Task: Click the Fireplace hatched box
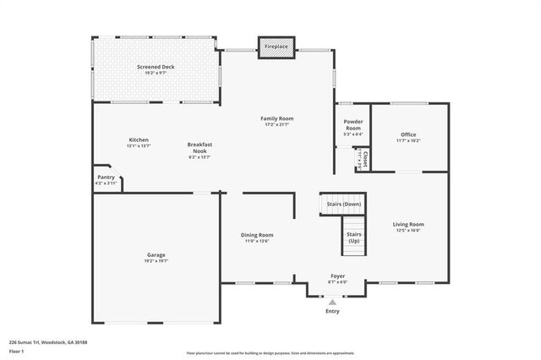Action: coord(276,47)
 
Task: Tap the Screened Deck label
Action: coord(156,66)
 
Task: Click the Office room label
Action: coord(408,134)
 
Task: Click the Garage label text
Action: coord(156,254)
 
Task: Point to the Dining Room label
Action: coord(258,235)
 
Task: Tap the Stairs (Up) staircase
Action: coord(354,236)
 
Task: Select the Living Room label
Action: coord(407,224)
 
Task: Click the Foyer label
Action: coord(337,275)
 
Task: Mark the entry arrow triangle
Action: coord(333,301)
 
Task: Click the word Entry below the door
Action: coord(333,311)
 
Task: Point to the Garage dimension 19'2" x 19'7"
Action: coord(156,261)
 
